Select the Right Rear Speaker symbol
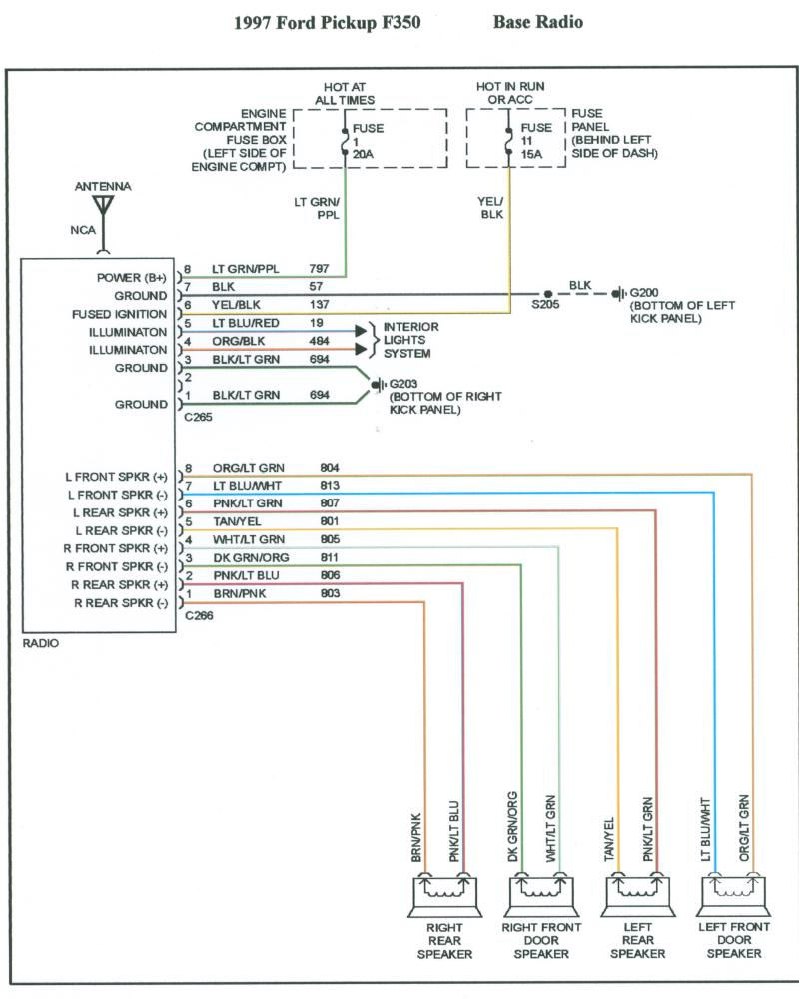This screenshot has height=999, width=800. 444,893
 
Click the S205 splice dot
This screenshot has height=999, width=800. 548,294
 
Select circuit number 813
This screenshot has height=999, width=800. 330,486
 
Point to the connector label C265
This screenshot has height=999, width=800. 199,419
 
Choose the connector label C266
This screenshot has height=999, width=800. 199,616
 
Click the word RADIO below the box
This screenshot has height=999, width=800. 40,644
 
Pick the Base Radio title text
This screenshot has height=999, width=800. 537,22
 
